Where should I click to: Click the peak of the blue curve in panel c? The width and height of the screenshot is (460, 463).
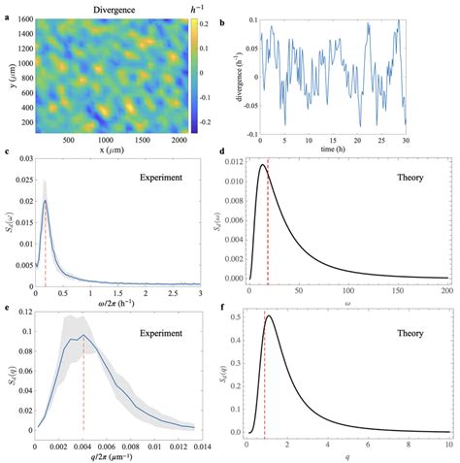45,202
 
